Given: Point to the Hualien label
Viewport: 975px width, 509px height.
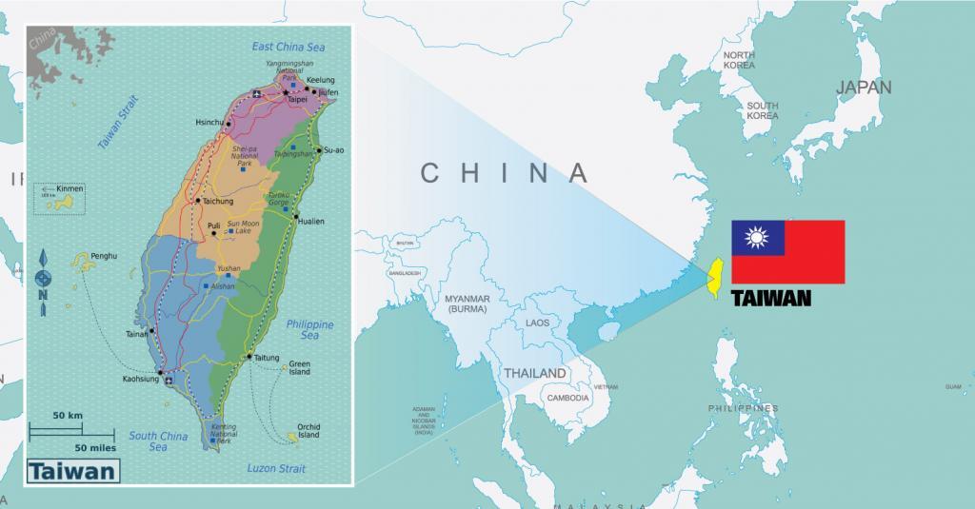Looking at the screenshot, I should tap(310, 222).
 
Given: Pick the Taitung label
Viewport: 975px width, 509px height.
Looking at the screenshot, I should tap(267, 358).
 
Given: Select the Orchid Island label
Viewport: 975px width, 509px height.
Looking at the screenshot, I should tap(308, 431).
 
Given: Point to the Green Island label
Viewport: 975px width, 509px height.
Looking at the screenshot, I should tap(299, 368).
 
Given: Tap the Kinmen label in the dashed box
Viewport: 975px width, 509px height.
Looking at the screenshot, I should tap(70, 189).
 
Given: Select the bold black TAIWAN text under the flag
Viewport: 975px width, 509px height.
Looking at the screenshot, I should tap(771, 299).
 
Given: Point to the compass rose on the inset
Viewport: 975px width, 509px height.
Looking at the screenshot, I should tap(43, 278).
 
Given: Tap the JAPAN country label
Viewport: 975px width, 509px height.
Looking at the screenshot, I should tap(863, 88).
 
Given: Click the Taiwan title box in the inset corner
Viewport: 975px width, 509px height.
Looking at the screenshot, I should tap(73, 471).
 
